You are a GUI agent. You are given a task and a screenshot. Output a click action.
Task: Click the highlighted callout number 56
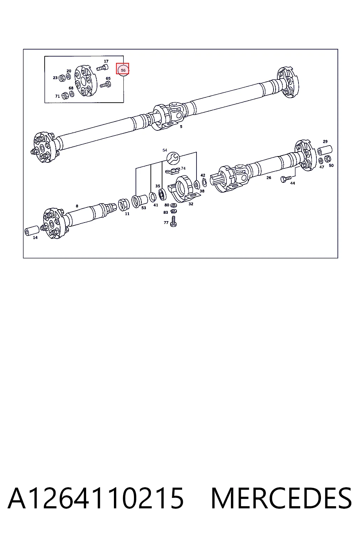tap(123, 70)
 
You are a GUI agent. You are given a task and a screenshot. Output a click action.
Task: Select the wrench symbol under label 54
tap(173, 159)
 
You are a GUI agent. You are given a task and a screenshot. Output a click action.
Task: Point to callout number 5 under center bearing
tap(181, 127)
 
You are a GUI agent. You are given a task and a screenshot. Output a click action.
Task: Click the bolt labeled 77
tap(173, 221)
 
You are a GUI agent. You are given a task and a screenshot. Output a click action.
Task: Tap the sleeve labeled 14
tap(32, 231)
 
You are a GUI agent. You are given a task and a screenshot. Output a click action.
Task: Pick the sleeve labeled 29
tap(324, 150)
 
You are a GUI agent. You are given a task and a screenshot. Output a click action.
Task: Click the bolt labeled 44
tap(286, 179)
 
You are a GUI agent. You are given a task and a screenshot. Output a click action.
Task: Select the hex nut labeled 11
tap(124, 205)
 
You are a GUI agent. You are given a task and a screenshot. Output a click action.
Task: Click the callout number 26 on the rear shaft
tap(269, 178)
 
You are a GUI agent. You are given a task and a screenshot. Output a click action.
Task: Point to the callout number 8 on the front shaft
tap(77, 206)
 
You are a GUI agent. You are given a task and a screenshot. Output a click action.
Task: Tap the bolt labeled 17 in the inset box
tap(102, 68)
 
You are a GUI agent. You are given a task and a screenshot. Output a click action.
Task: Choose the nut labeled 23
tap(62, 78)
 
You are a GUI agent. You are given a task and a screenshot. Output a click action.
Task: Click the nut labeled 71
tap(65, 96)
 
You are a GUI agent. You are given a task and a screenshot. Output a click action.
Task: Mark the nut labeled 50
tap(328, 159)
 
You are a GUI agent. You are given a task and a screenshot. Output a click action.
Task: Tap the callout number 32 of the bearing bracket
tap(191, 204)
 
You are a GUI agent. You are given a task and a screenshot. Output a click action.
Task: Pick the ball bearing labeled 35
tap(162, 194)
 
